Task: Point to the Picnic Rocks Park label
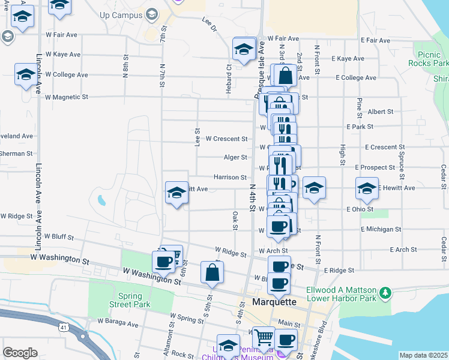tap(429, 58)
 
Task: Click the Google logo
tap(20, 353)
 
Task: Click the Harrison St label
tap(231, 178)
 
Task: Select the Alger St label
tap(235, 158)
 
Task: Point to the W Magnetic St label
tap(67, 97)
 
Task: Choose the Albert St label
tap(380, 112)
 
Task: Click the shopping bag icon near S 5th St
tap(212, 272)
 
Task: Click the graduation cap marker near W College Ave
tap(26, 75)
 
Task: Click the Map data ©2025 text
tap(423, 355)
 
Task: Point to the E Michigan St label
tap(381, 230)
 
